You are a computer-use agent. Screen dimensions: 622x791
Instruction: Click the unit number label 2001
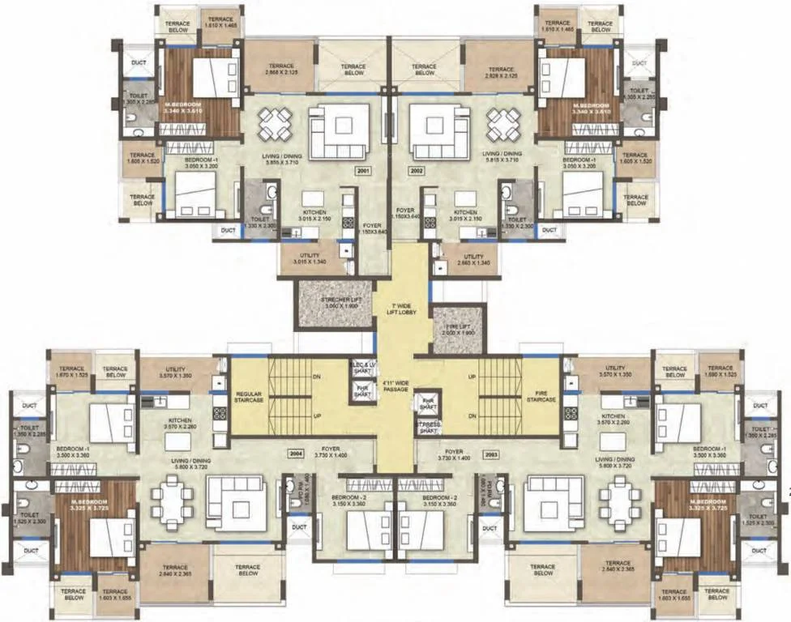362,171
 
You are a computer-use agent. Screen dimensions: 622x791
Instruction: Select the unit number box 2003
490,455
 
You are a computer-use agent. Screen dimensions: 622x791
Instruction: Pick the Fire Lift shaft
458,330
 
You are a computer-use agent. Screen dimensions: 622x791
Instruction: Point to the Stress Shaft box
427,427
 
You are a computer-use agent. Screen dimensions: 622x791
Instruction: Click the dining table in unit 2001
275,124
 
